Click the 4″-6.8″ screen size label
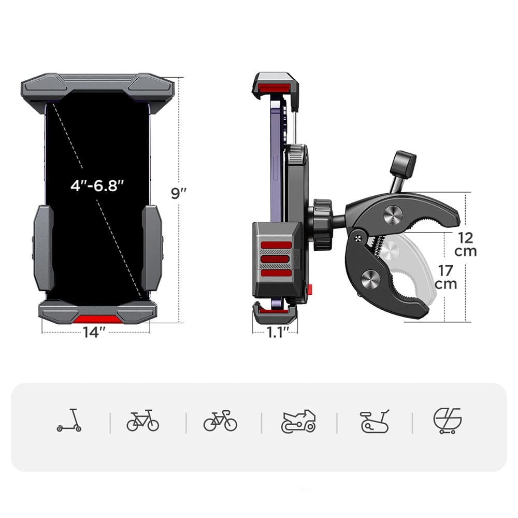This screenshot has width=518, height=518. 97,185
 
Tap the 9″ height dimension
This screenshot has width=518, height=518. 179,193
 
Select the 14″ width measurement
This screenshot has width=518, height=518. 95,333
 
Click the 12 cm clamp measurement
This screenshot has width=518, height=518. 465,244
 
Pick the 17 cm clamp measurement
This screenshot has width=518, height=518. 445,277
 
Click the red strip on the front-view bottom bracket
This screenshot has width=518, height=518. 97,319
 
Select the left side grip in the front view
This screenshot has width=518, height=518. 44,248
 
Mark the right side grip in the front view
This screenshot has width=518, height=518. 152,248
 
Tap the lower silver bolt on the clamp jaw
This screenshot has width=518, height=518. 370,279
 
